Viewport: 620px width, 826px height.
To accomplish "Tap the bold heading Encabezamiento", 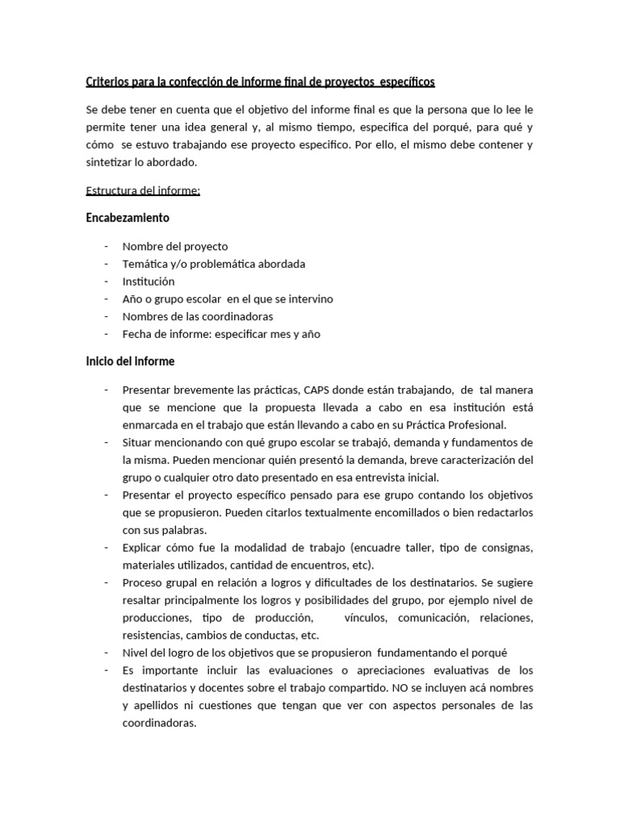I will pos(127,218).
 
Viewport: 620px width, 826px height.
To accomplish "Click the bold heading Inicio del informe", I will pos(130,361).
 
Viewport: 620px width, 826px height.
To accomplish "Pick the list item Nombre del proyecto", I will pos(174,246).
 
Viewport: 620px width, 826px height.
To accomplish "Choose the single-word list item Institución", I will pos(148,282).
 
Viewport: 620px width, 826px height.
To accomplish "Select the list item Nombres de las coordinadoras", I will pos(198,316).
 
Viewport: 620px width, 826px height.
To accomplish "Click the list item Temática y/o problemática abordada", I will pos(213,264).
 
